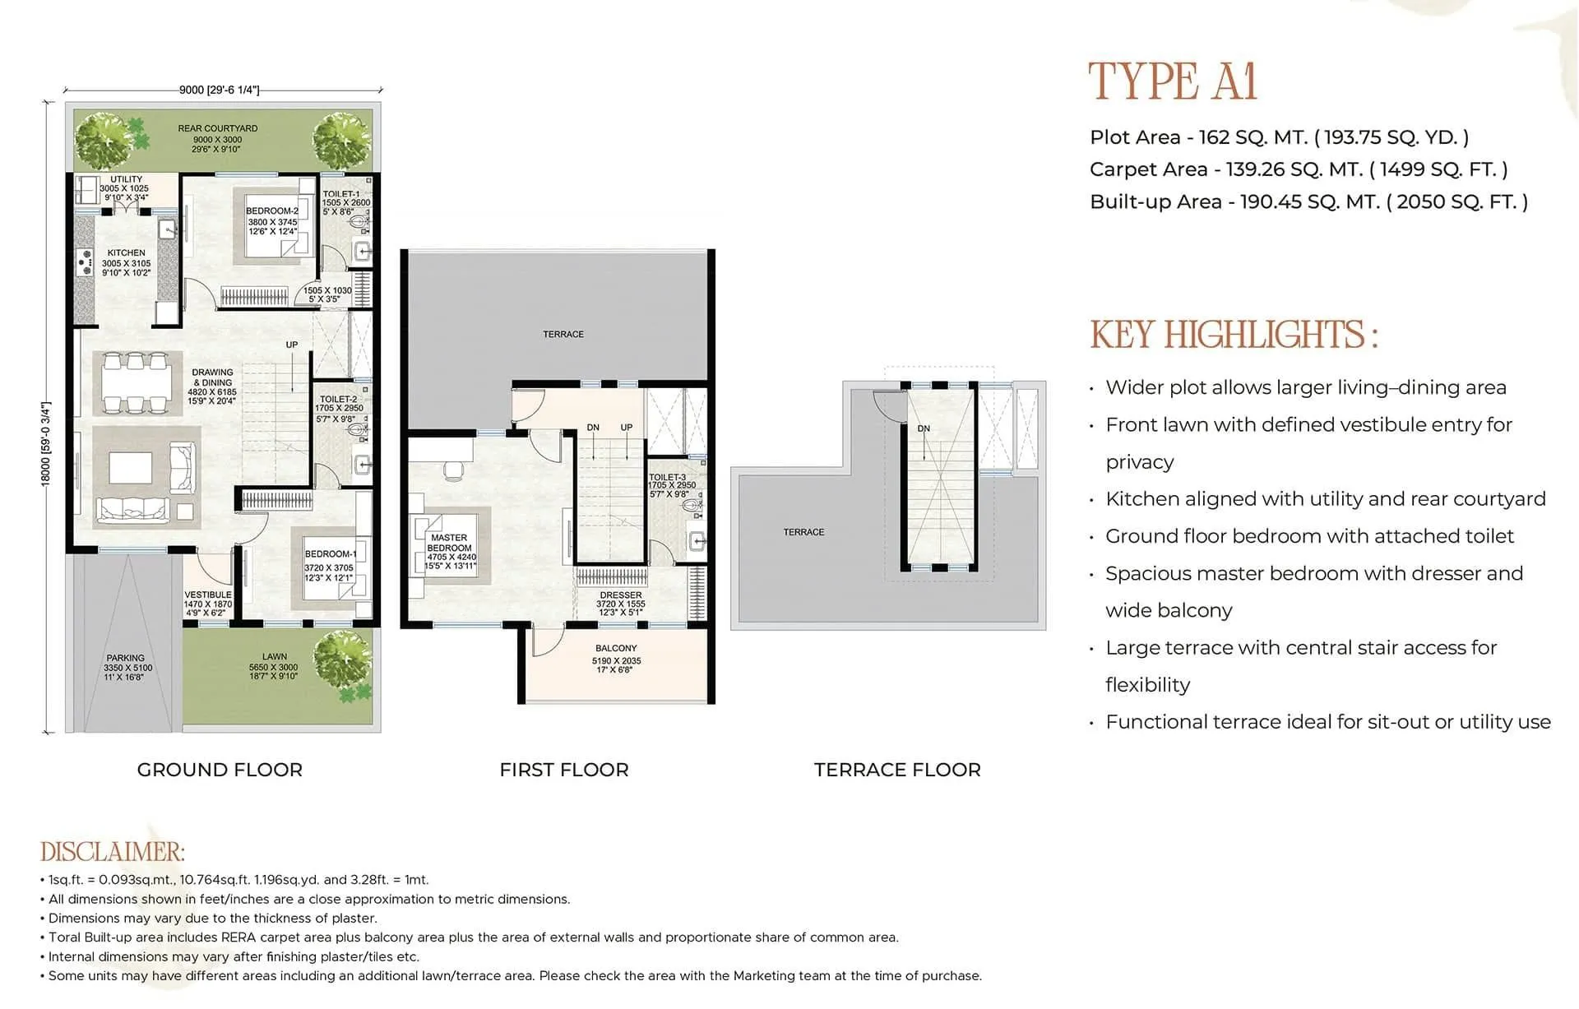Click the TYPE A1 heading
click(1173, 81)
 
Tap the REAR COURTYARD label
click(218, 128)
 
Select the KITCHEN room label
click(126, 253)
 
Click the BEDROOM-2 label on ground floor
click(272, 211)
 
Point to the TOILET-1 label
click(340, 194)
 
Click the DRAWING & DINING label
click(213, 377)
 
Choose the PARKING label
click(125, 658)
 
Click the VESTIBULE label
click(208, 595)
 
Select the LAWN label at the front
click(274, 657)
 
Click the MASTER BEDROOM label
click(450, 543)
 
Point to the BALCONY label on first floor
click(616, 648)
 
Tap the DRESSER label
click(621, 595)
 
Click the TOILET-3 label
click(667, 477)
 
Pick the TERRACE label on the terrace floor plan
click(803, 532)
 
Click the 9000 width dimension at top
click(219, 90)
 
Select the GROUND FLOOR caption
click(220, 770)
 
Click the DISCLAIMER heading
click(113, 851)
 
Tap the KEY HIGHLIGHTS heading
click(1234, 335)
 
